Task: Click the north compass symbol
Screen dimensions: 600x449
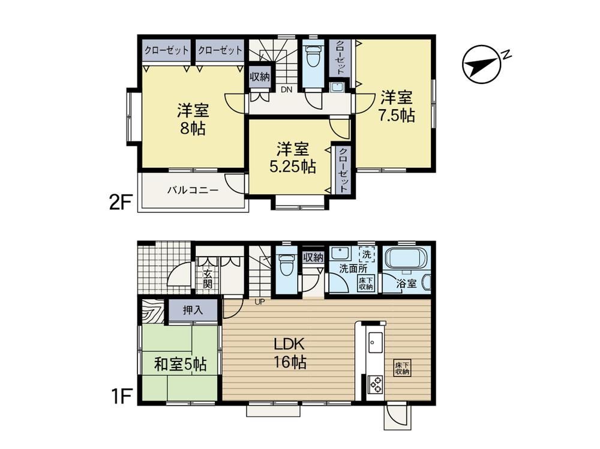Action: pyautogui.click(x=482, y=65)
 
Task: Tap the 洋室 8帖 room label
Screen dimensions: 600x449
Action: pyautogui.click(x=193, y=119)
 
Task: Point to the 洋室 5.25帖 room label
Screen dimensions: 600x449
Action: pyautogui.click(x=293, y=158)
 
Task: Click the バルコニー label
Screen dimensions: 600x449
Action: pyautogui.click(x=193, y=190)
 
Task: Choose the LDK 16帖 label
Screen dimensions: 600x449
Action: pyautogui.click(x=290, y=353)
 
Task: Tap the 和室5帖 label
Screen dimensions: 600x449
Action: pyautogui.click(x=180, y=364)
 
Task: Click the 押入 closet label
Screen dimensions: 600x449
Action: pyautogui.click(x=193, y=310)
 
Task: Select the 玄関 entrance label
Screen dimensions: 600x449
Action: pyautogui.click(x=208, y=278)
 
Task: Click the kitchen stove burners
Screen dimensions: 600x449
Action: pyautogui.click(x=376, y=384)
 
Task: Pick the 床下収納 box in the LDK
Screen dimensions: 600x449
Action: pyautogui.click(x=403, y=368)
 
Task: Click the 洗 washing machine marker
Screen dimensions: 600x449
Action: pyautogui.click(x=366, y=254)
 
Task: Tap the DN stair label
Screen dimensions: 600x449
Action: pyautogui.click(x=287, y=90)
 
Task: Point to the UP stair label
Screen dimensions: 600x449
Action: pyautogui.click(x=260, y=302)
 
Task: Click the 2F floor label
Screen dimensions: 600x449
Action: pyautogui.click(x=121, y=203)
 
